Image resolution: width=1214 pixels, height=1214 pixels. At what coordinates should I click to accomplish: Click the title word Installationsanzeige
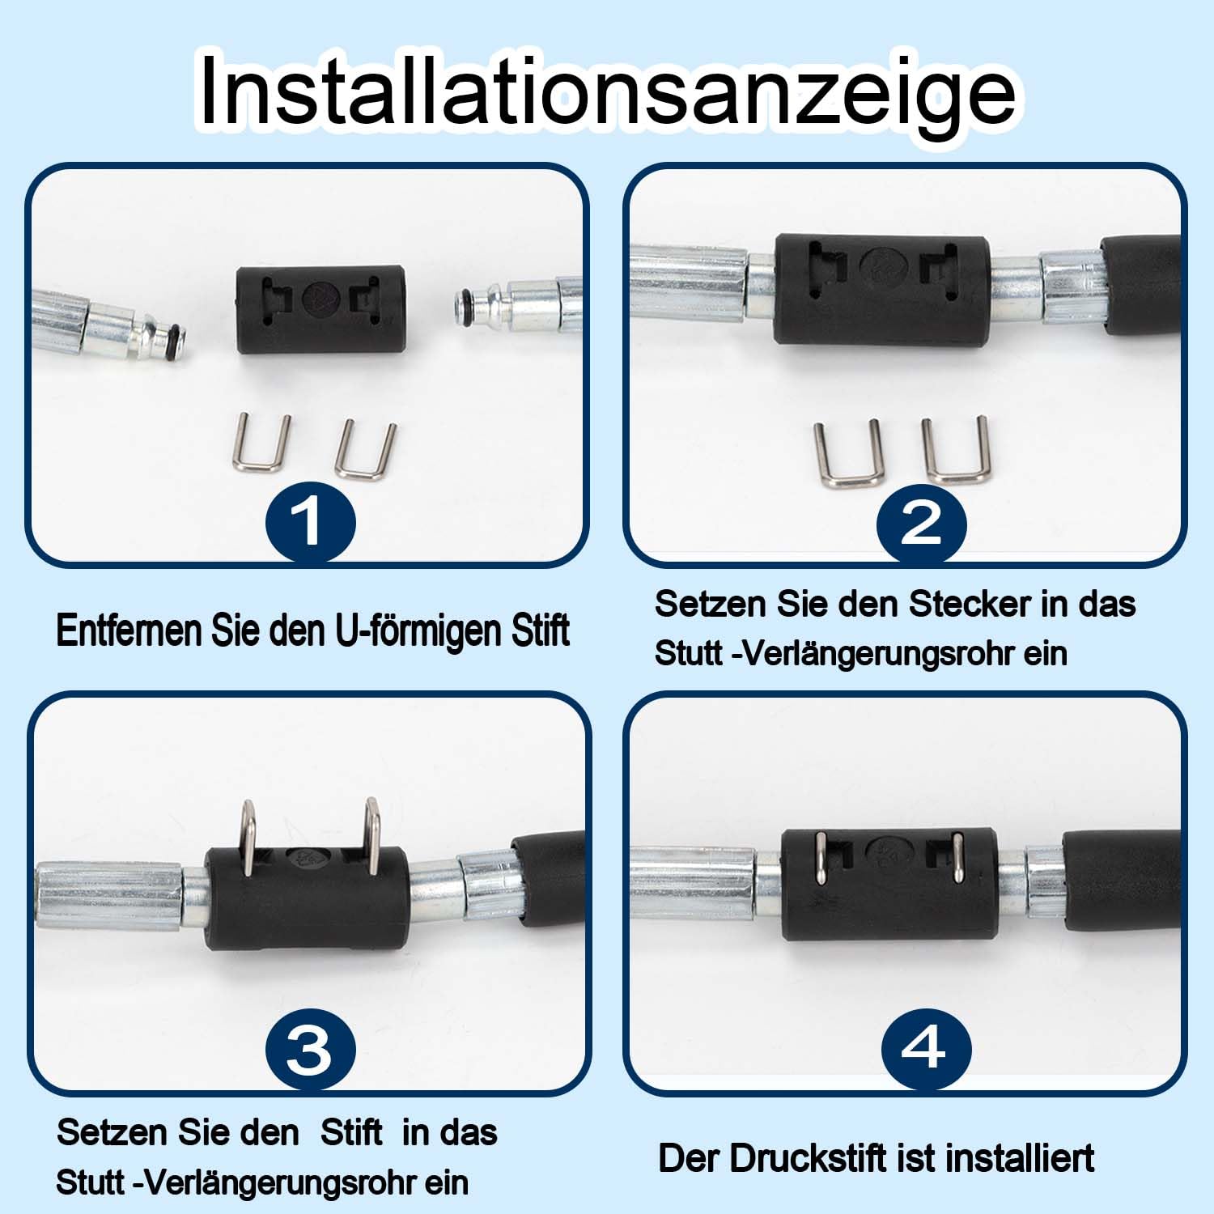tap(607, 91)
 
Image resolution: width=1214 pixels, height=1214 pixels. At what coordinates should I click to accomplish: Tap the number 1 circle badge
tap(311, 520)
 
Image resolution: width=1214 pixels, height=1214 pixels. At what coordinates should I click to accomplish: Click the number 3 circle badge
tap(311, 1050)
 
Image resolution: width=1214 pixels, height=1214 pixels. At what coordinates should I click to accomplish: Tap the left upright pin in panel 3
tap(248, 837)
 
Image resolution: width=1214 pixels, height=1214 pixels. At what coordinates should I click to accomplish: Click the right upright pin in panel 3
tap(372, 838)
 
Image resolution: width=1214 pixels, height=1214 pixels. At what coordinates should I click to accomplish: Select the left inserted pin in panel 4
tap(821, 858)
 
